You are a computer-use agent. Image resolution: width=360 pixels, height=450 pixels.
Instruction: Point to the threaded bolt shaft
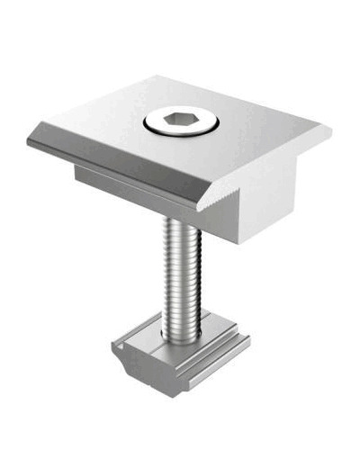[x=181, y=270]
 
